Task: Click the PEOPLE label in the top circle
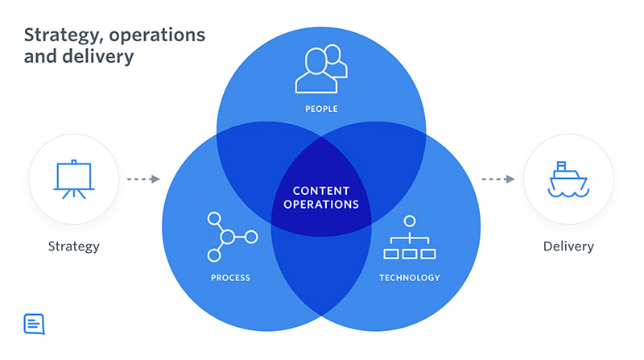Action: [x=321, y=109]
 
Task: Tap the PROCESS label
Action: [x=231, y=278]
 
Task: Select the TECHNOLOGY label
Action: [x=410, y=278]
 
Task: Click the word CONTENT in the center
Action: [x=321, y=191]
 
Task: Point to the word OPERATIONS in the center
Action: [x=321, y=205]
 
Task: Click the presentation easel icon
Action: [x=72, y=179]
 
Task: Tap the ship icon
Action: [x=568, y=179]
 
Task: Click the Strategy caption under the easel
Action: [x=72, y=246]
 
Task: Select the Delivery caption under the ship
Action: [x=568, y=246]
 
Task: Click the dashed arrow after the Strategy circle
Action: [x=143, y=179]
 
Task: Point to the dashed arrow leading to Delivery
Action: [x=498, y=179]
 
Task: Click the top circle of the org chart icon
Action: [x=410, y=220]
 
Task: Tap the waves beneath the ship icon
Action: [x=568, y=192]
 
